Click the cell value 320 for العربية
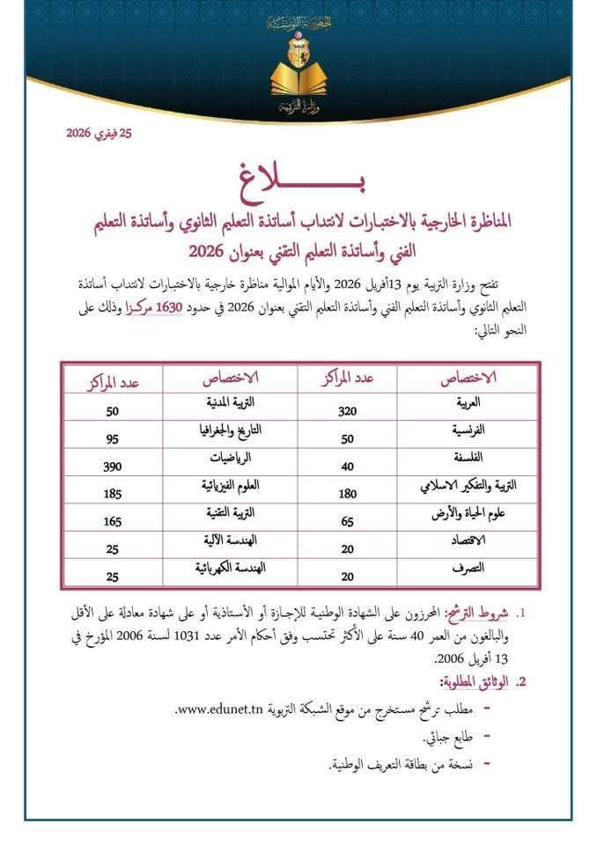point(347,410)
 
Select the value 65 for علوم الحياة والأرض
point(347,522)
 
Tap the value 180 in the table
point(347,495)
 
